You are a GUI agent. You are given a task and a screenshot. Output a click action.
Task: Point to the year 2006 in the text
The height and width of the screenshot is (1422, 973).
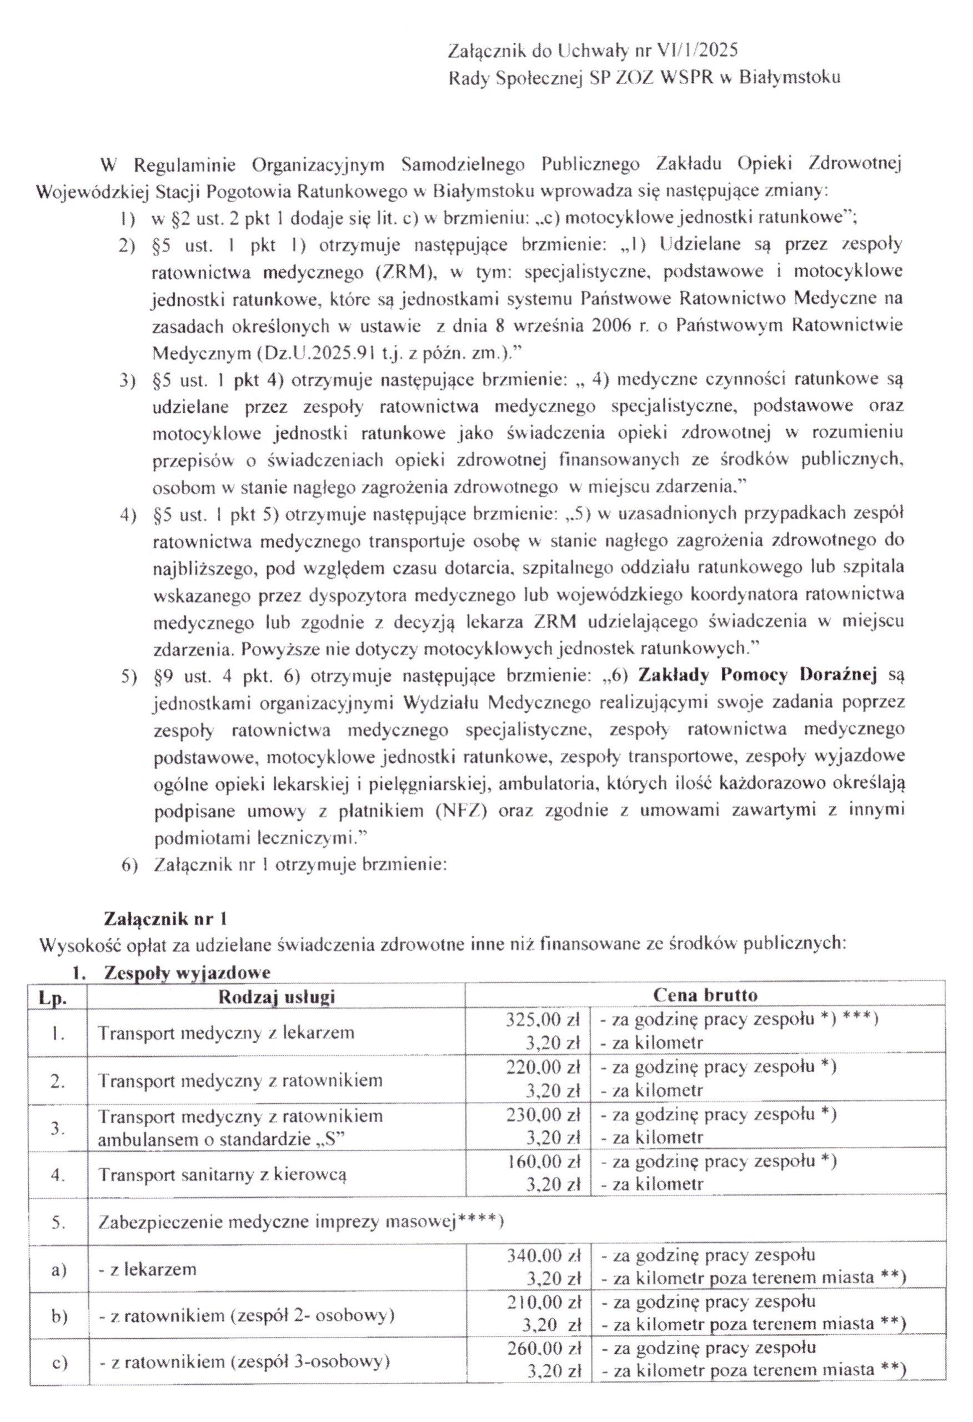click(x=611, y=326)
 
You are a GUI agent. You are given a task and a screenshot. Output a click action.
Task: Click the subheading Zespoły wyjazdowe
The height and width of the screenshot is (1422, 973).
click(x=187, y=972)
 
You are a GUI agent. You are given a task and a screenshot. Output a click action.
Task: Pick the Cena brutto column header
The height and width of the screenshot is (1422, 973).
click(x=705, y=995)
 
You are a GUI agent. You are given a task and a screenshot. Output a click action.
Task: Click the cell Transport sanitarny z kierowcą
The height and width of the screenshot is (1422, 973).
click(x=222, y=1174)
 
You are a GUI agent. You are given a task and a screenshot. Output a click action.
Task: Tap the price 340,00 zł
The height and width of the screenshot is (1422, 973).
click(x=543, y=1256)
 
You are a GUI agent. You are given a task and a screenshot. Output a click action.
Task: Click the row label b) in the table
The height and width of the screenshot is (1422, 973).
click(x=59, y=1316)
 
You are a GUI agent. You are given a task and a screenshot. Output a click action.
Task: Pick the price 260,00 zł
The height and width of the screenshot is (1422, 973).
click(x=543, y=1349)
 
